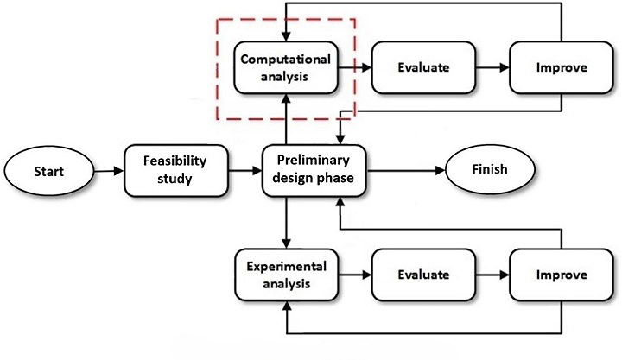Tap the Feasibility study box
tap(176, 170)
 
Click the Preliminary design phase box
tap(314, 170)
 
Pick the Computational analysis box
tap(285, 68)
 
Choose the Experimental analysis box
tap(285, 275)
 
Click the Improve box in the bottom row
tap(562, 275)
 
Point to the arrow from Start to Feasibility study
tap(106, 170)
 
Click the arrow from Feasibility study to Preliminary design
tap(245, 170)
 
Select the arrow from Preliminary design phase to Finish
tap(406, 170)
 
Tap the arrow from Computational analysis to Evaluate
tap(354, 67)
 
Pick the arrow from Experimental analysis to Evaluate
tap(354, 275)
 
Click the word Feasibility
tap(176, 161)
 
